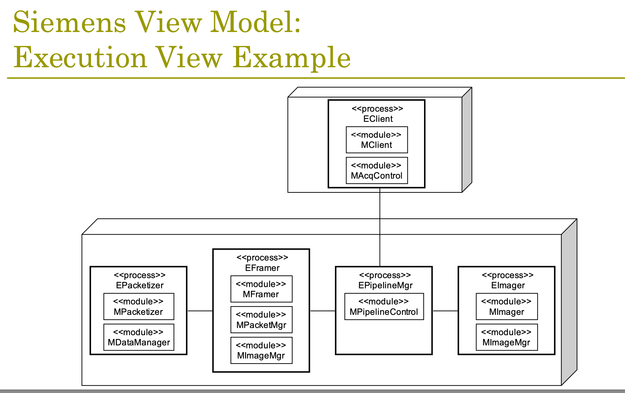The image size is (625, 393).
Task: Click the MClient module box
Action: (377, 140)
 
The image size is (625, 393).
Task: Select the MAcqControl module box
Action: (377, 170)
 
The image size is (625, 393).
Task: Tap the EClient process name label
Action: (378, 119)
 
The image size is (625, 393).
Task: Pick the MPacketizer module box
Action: (139, 306)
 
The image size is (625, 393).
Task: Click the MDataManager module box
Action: (139, 337)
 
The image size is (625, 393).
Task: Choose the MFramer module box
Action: (261, 289)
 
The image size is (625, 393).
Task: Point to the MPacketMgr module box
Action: (261, 320)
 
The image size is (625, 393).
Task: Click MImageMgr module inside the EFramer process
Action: (261, 350)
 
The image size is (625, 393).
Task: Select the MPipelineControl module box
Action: (384, 306)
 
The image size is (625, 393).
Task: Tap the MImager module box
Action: (507, 306)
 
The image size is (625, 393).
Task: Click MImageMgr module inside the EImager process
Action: (507, 337)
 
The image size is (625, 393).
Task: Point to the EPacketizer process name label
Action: (140, 285)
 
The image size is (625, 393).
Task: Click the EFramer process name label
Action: (262, 268)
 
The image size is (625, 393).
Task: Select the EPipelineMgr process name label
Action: (385, 285)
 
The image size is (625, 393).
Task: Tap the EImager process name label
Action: (508, 285)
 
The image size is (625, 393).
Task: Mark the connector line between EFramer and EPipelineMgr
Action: (323, 311)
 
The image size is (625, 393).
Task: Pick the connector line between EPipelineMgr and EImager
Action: (445, 311)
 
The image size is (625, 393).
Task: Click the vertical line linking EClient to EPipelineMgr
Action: (380, 227)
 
